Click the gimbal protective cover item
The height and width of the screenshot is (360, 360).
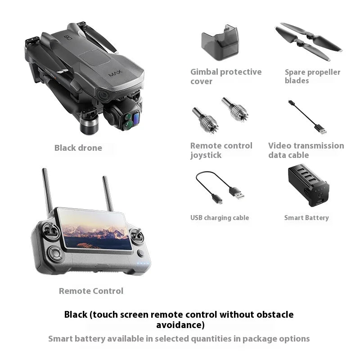point(219,43)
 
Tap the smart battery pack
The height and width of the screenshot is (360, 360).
point(308,185)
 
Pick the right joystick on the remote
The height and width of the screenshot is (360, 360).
point(138,234)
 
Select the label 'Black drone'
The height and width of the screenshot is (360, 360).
point(78,148)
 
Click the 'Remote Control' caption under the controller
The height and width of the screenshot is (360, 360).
point(91,291)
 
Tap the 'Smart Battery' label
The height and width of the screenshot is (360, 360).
point(306,218)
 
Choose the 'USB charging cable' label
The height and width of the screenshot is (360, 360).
point(220,218)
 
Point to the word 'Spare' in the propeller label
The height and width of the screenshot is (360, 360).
point(295,72)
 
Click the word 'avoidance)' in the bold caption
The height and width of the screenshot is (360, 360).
point(180,324)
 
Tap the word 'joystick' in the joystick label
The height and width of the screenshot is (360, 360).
point(206,155)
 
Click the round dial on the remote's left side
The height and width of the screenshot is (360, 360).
point(55,253)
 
